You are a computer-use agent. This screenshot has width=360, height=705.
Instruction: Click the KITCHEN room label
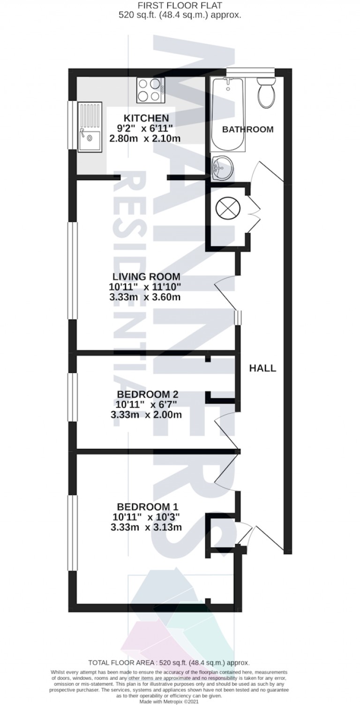146,118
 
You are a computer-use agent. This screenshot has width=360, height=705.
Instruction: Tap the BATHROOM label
247,129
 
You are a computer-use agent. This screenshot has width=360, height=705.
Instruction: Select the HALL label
262,368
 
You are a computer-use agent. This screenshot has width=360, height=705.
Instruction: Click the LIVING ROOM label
146,277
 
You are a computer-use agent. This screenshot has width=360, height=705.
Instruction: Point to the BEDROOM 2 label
146,394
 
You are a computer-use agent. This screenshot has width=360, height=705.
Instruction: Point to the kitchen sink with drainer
89,127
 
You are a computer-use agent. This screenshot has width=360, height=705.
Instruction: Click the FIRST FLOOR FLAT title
180,6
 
